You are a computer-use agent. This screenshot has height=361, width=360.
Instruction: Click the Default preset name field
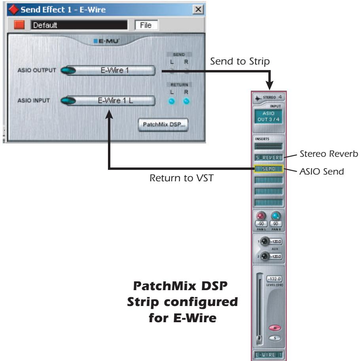79,25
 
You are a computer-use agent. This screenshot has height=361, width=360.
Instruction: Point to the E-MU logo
105,40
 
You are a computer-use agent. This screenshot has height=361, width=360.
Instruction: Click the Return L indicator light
171,101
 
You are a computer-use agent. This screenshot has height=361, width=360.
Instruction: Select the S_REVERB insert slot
269,158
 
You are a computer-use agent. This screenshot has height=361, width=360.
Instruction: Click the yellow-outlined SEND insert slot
269,169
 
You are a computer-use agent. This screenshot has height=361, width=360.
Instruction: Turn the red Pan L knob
261,216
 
